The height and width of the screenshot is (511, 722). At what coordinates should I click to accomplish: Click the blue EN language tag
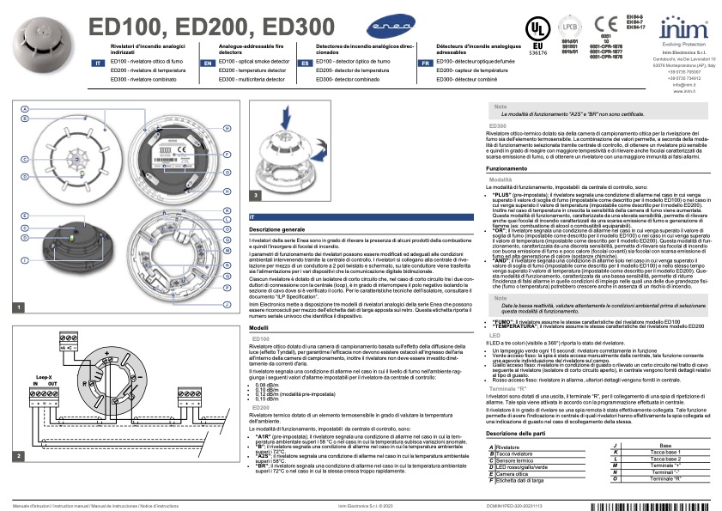pos(208,64)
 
